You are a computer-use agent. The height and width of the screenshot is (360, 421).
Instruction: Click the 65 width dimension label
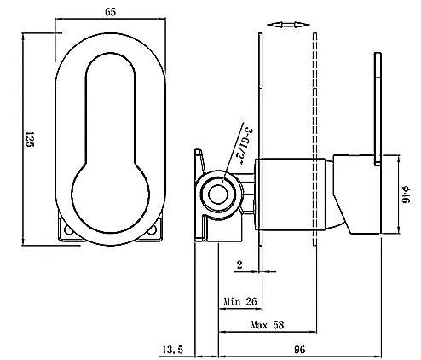(x=111, y=12)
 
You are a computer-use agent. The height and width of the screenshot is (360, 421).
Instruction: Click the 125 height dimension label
(x=30, y=139)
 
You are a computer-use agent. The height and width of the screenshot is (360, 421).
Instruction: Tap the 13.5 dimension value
(x=173, y=349)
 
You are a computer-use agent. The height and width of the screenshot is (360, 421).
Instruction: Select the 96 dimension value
(x=299, y=349)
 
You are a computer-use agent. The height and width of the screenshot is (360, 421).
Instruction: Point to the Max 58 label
(x=268, y=325)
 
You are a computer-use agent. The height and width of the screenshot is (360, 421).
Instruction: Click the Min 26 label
(x=240, y=301)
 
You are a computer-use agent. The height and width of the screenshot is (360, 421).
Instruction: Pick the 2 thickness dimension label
(x=239, y=264)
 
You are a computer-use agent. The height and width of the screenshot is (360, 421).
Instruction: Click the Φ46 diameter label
(x=406, y=195)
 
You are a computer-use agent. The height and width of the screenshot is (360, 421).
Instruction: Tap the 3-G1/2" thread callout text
(x=244, y=146)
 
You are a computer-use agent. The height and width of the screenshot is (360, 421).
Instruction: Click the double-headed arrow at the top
(x=288, y=25)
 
